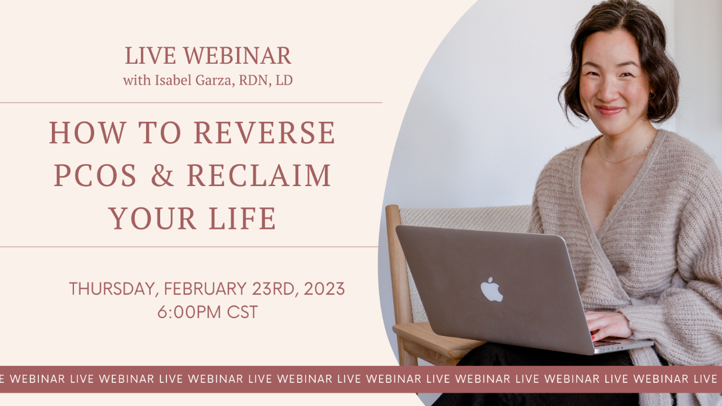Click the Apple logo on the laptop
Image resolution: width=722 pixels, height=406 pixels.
pyautogui.click(x=491, y=289)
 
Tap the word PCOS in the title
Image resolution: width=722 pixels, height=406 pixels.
pyautogui.click(x=95, y=175)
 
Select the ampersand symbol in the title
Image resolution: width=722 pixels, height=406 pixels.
pyautogui.click(x=162, y=175)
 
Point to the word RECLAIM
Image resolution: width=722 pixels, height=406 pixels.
pyautogui.click(x=259, y=175)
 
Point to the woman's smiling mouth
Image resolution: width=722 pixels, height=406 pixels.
pyautogui.click(x=610, y=110)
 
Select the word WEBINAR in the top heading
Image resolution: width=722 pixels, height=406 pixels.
pyautogui.click(x=237, y=56)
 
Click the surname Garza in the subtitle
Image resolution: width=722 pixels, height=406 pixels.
pyautogui.click(x=214, y=81)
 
